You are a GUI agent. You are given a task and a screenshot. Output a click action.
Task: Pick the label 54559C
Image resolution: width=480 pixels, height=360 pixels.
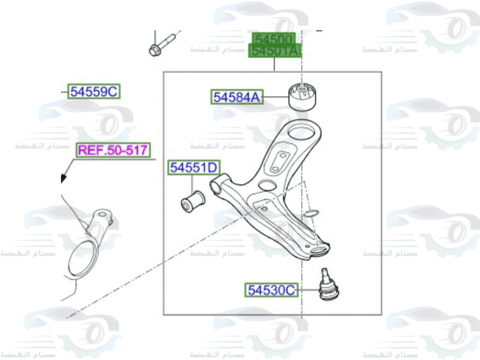point(94,91)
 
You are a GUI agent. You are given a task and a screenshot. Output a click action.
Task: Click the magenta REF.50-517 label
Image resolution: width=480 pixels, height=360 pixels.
point(113,150)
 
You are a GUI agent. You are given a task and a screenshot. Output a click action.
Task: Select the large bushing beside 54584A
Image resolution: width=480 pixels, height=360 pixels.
point(304,96)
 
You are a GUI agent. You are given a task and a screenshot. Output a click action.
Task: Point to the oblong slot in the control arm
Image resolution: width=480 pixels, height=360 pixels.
point(279,161)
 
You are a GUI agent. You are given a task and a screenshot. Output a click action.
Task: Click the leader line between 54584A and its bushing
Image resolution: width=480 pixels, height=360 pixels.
point(276,97)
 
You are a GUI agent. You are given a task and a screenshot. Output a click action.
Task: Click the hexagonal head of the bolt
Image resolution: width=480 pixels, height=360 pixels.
point(155,49)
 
